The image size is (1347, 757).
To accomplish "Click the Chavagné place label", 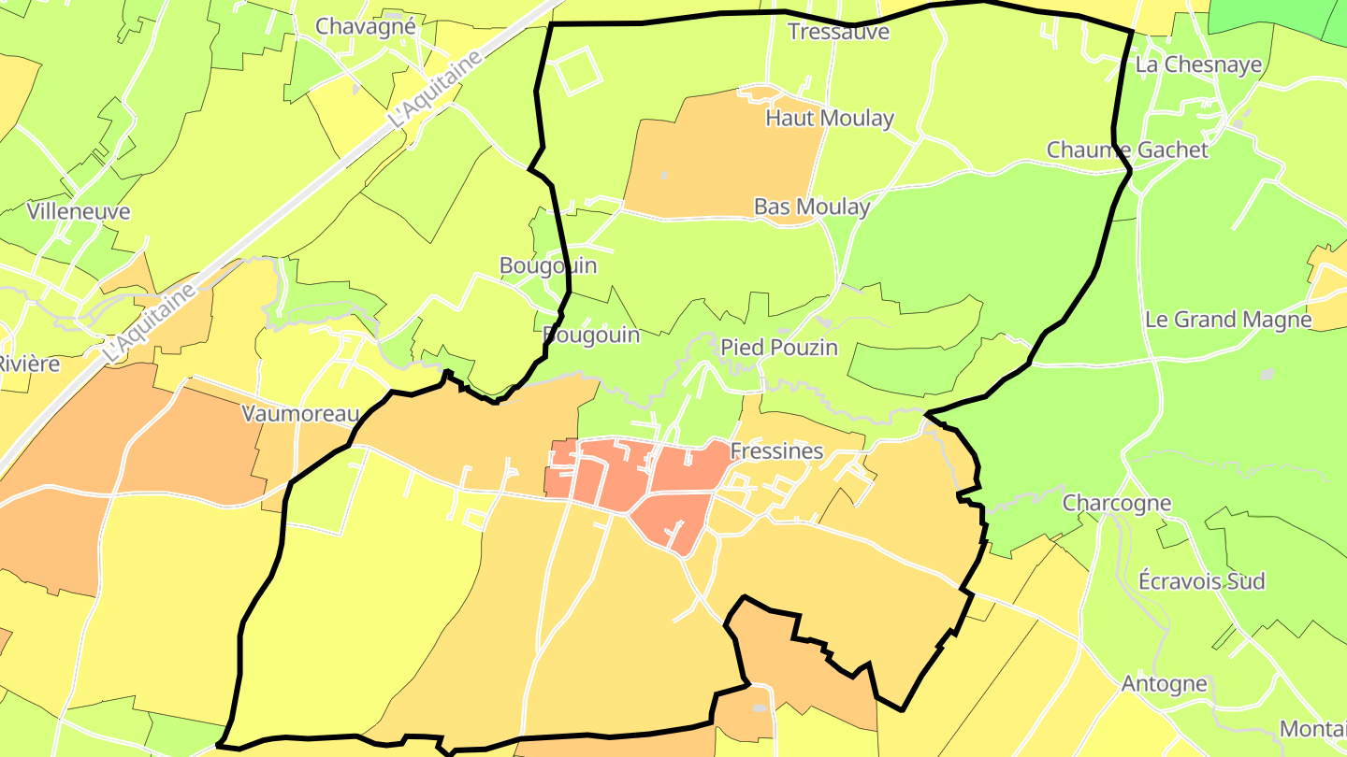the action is pos(365,26).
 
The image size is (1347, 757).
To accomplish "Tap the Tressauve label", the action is pos(838,32).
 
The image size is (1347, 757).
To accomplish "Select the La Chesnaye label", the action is pos(1198,65).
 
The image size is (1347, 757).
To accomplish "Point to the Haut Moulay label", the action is pos(830,119).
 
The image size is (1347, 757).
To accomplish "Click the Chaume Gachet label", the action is pos(1127,150).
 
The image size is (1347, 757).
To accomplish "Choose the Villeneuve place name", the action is pos(79,211).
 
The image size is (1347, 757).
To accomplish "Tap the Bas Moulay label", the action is pos(812,207).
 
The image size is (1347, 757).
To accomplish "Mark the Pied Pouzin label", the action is pos(778,348).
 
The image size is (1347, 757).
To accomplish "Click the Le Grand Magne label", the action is pos(1228,320).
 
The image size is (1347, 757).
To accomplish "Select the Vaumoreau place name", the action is pos(301,414).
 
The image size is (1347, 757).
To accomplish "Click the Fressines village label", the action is pos(776,451).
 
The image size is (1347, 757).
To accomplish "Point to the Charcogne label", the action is pos(1117,503).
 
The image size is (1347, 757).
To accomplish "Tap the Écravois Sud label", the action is pos(1201,581).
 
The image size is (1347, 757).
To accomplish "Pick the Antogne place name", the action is pos(1165,684).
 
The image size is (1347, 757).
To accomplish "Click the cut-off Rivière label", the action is pos(28,364).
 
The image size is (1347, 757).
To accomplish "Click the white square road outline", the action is pos(577,71).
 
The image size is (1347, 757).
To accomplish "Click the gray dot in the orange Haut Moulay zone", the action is pos(664,175).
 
